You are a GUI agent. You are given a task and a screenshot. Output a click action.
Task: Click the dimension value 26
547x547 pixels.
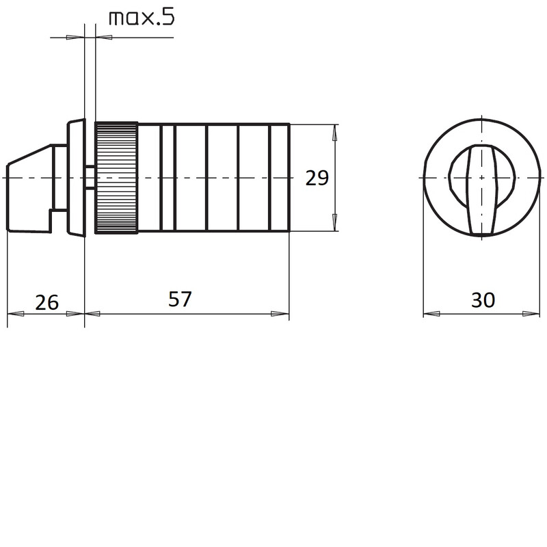point(46,302)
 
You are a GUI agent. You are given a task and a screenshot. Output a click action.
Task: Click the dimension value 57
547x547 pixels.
point(180,299)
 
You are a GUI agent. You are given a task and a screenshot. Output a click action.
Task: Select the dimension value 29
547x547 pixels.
point(317,178)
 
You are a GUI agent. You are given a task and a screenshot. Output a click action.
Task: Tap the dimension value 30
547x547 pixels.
point(483,300)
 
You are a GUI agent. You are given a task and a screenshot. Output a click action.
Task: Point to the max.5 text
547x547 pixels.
point(142,18)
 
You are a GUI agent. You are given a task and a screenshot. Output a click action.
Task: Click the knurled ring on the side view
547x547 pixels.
point(116,178)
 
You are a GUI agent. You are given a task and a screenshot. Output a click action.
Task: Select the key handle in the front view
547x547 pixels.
point(482,189)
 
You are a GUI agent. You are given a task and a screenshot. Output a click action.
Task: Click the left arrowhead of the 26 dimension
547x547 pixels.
point(16,314)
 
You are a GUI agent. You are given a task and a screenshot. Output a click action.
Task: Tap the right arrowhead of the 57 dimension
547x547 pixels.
point(280,314)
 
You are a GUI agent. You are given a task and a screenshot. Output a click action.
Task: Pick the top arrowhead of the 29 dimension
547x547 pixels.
point(335,133)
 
